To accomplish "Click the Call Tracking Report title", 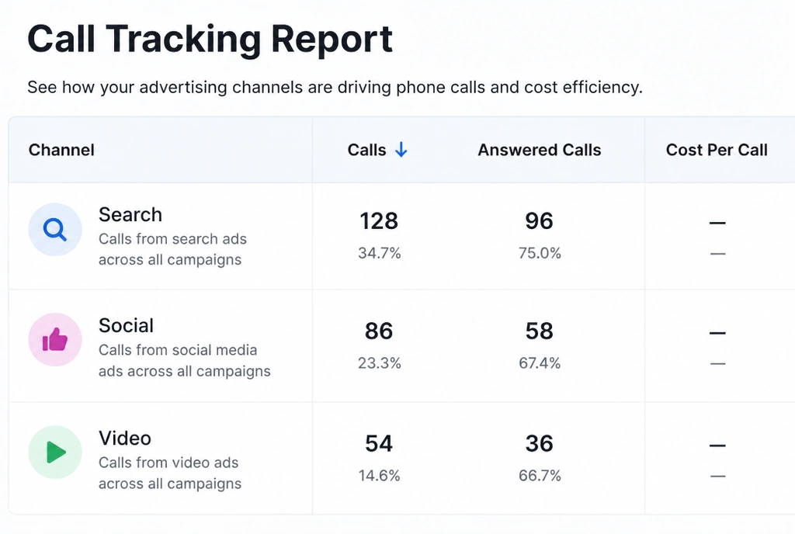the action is (x=210, y=40).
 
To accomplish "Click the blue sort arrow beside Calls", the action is (x=401, y=150).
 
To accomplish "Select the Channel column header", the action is (x=61, y=150).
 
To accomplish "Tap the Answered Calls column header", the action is (x=540, y=150).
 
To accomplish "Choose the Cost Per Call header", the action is (x=717, y=150).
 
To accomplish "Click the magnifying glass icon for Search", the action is (x=55, y=230).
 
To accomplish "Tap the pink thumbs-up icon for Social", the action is (x=55, y=339).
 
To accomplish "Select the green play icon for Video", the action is (x=56, y=452).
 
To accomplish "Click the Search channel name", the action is (x=130, y=215).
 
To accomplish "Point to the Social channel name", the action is (x=126, y=326).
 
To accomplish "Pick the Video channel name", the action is (x=125, y=439).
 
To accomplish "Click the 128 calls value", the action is (x=379, y=221).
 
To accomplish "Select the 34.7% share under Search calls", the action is (x=379, y=253).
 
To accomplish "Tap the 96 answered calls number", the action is (x=539, y=221).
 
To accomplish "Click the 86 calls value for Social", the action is (x=379, y=331).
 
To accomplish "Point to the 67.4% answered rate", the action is (x=540, y=363).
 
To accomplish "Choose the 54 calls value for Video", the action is (x=379, y=444).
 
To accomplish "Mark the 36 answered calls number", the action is (x=539, y=444).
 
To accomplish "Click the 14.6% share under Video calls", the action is (x=379, y=476).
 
